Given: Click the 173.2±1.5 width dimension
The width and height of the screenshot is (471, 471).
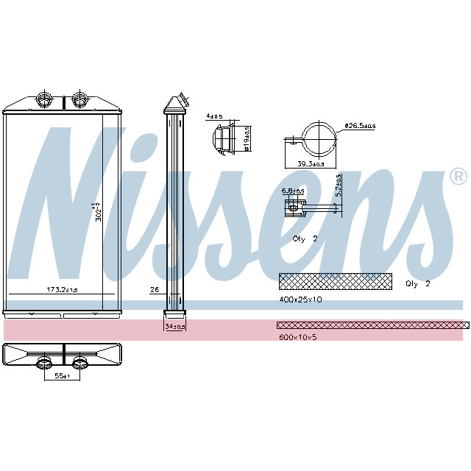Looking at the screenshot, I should pos(61,291).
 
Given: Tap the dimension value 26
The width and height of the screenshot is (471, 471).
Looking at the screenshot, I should pos(155,290).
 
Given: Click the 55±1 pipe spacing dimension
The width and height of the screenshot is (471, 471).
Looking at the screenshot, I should pos(62,376).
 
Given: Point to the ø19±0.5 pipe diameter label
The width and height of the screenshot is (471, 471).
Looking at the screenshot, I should pos(247,138).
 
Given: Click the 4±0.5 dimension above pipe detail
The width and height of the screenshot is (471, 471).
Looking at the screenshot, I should pos(213,116).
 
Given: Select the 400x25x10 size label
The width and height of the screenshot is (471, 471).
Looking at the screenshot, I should pos(300,300).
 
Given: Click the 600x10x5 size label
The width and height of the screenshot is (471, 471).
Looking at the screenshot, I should pos(297,338).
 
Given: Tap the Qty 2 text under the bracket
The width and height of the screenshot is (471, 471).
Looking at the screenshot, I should pos(305,239).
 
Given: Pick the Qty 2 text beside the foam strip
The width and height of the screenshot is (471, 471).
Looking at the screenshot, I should pos(417,283).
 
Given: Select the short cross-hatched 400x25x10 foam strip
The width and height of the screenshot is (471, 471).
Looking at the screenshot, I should pos(336,280).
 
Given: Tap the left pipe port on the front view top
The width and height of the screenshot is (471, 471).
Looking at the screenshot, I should pos(44,99).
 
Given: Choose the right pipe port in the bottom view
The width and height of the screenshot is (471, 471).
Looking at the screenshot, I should pos(79,361).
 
